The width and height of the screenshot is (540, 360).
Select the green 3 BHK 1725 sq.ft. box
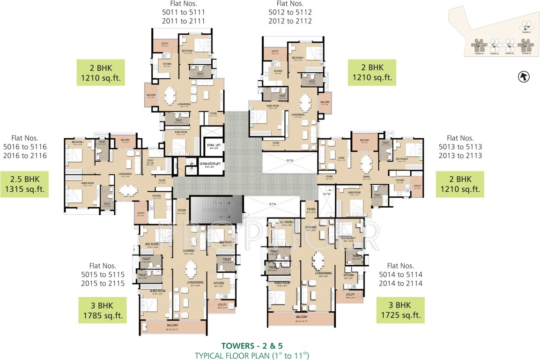tap(400, 310)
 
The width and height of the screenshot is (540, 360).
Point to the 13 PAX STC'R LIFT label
tap(203, 165)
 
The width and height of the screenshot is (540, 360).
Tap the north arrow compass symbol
tap(523, 76)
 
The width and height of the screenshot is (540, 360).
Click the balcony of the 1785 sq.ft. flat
tap(173, 326)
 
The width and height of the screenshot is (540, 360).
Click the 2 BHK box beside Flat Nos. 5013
tap(459, 184)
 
